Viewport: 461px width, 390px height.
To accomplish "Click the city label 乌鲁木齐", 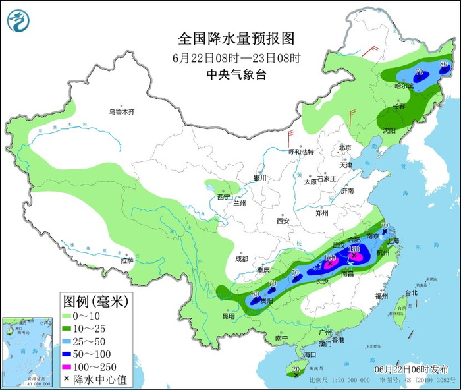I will coord(122,112).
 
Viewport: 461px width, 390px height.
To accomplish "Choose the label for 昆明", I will coord(228,316).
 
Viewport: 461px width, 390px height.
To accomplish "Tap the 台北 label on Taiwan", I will coord(411,292).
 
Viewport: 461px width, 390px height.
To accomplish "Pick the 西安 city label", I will coord(283,221).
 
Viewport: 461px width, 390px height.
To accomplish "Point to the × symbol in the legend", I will coord(67,378).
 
